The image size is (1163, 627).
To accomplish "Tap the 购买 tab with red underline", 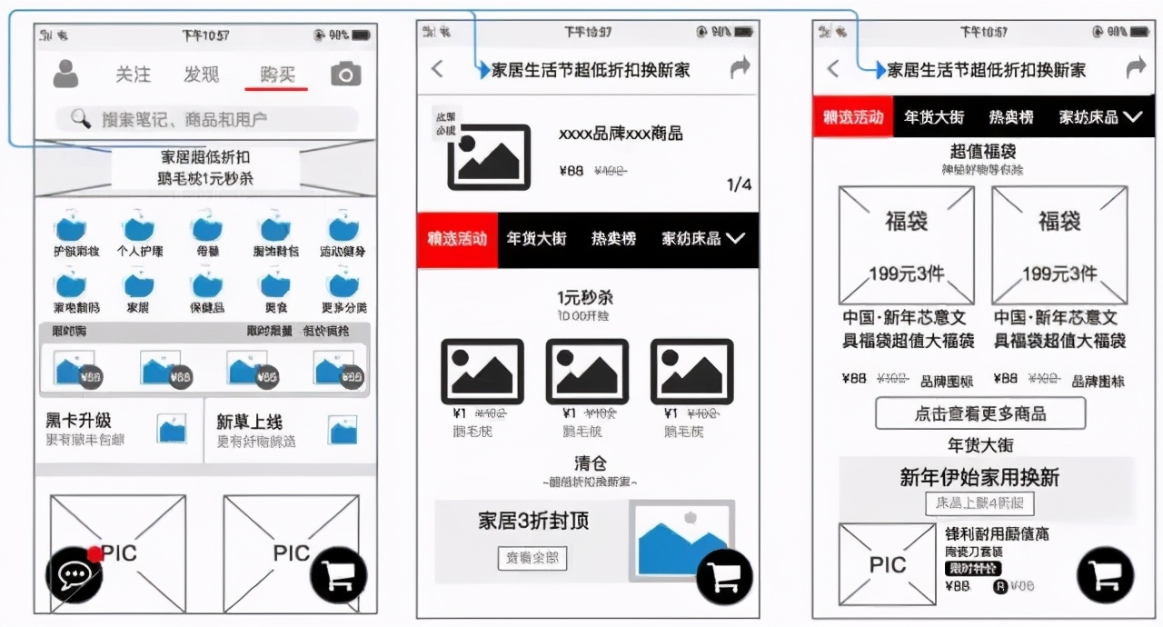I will [x=277, y=75].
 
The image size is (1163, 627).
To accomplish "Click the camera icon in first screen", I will [x=345, y=75].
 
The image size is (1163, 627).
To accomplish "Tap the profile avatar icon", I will [x=65, y=74].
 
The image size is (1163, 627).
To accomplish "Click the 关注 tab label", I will [x=134, y=75].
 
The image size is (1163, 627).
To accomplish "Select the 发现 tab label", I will [x=202, y=75].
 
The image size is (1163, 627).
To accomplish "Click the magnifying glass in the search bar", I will [x=81, y=119].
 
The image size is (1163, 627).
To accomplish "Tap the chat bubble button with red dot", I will [x=74, y=575].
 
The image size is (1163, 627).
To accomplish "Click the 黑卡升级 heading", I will [x=79, y=421].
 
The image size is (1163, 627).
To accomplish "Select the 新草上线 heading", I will [x=249, y=422].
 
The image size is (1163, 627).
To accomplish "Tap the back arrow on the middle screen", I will [x=437, y=69].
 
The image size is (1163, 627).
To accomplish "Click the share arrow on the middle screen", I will [x=741, y=67].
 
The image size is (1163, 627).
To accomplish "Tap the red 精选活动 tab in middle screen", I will [x=457, y=239].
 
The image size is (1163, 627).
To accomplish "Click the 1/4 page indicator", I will [x=739, y=185].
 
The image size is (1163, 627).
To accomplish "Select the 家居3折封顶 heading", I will [x=533, y=521].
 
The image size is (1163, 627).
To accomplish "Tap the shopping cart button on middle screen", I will [x=724, y=576].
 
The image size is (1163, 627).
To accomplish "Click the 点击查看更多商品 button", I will [x=979, y=413].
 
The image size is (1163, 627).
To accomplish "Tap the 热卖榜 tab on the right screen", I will [x=1011, y=117].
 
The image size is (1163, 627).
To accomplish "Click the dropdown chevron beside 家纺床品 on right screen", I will [x=1132, y=117].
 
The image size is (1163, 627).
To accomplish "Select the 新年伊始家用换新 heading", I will [x=979, y=478].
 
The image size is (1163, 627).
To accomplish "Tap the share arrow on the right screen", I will [x=1136, y=68].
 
